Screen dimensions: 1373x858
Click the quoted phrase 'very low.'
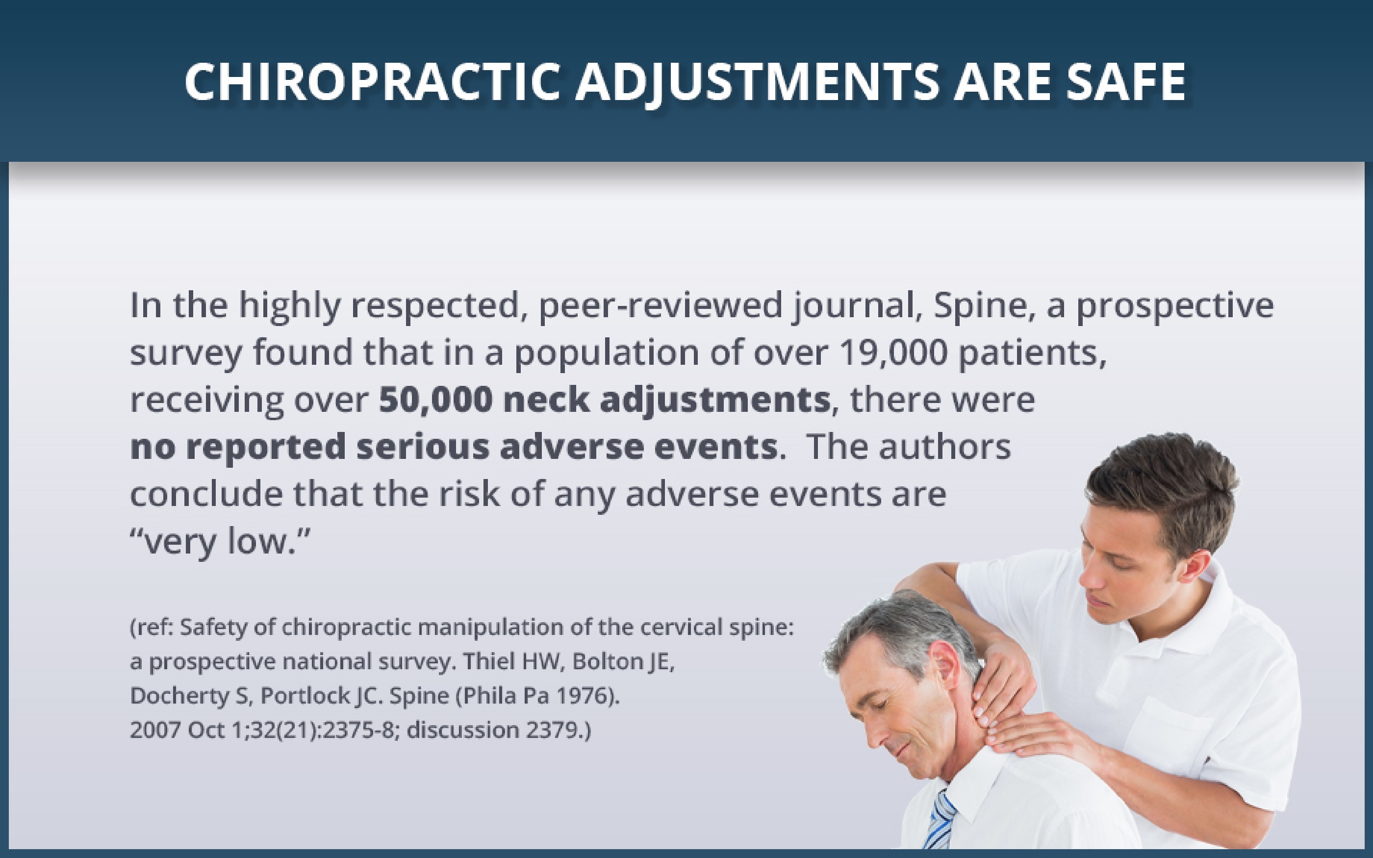221,542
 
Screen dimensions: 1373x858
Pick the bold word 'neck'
546,400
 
